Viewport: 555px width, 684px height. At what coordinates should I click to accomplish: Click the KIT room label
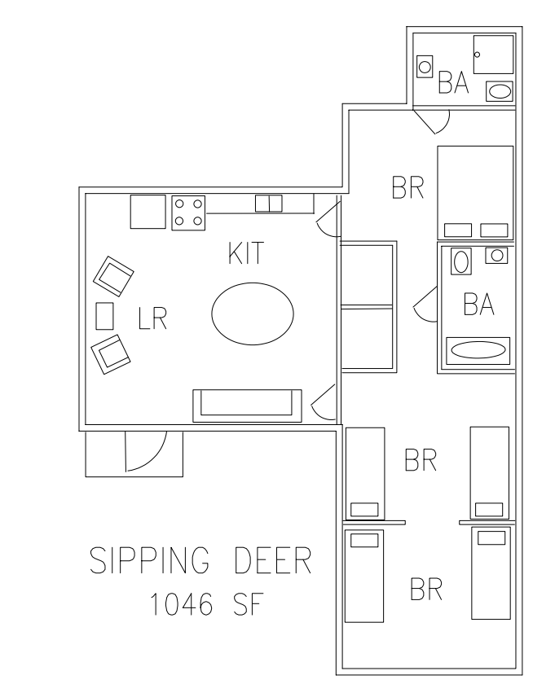[x=246, y=253]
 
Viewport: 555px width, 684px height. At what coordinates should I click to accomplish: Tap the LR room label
[x=152, y=318]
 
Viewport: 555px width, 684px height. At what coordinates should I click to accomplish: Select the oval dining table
[x=253, y=313]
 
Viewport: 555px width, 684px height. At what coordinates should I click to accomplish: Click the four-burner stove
[x=188, y=213]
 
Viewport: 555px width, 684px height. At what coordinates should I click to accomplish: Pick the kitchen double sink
[x=269, y=204]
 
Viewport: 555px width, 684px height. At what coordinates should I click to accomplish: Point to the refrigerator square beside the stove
[x=148, y=212]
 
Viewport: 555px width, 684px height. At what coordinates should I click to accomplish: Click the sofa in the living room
[x=247, y=406]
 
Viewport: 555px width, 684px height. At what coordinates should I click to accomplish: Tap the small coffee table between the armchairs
[x=105, y=316]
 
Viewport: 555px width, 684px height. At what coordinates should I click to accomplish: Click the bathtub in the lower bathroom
[x=478, y=350]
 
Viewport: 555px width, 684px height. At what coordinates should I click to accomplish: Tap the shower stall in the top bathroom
[x=493, y=55]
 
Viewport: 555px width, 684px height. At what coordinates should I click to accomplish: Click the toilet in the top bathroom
[x=425, y=67]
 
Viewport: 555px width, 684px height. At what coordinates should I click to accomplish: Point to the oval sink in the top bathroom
[x=499, y=91]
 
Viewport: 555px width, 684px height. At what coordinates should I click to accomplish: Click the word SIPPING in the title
[x=149, y=560]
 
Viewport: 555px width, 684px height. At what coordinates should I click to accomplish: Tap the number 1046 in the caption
[x=181, y=604]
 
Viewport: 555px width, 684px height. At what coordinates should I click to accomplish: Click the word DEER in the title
[x=273, y=560]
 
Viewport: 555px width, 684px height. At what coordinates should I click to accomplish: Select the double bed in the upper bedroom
[x=475, y=192]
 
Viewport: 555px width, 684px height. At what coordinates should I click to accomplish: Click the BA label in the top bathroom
[x=453, y=82]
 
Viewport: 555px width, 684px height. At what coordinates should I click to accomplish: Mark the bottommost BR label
[x=426, y=589]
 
